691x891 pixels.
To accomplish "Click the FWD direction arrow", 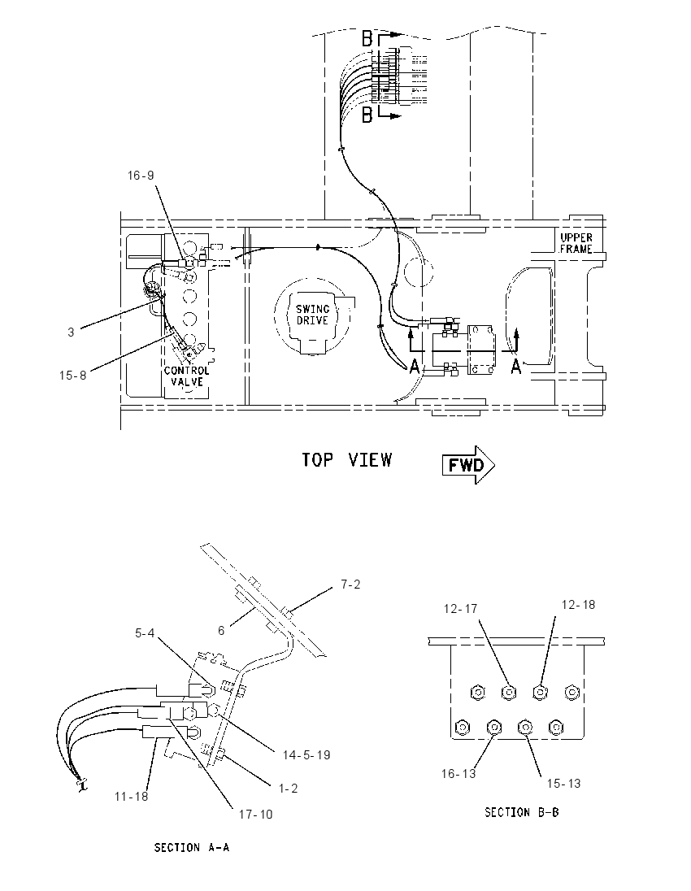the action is (468, 465).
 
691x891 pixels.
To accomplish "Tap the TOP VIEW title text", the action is (346, 459).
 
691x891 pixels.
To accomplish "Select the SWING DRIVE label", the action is (312, 315).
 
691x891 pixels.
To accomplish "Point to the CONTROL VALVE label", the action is (187, 376).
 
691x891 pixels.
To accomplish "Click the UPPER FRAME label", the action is (576, 243).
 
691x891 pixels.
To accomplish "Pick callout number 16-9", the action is (141, 176).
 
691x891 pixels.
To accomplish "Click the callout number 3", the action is (71, 332).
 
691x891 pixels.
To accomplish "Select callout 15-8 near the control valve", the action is (72, 376).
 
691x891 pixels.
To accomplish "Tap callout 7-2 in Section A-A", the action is (350, 585).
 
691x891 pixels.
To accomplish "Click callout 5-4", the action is (145, 633).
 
